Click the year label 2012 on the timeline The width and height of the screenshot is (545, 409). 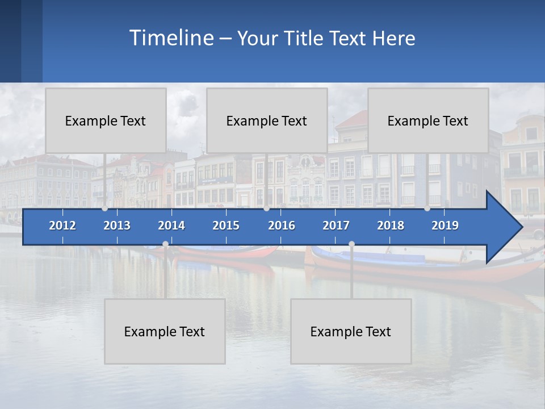point(62,226)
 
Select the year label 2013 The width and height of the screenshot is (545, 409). point(117,226)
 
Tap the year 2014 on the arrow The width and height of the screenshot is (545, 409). point(171,226)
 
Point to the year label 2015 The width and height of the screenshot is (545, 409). point(226,226)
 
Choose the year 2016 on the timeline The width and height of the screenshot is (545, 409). point(282,226)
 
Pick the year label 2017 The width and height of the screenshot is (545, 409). point(336,226)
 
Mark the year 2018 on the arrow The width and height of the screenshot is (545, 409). point(391,226)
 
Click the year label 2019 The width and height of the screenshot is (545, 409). point(445,226)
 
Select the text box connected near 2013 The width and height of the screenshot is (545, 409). point(106,120)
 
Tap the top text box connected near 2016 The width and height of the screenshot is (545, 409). point(267,120)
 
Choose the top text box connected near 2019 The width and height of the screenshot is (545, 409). point(428,120)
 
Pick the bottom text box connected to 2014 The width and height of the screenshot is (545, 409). point(165,331)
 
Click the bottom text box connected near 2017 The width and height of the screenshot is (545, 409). point(351,331)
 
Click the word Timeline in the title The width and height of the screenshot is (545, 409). point(171,37)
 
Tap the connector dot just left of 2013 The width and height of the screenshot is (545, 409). point(104,208)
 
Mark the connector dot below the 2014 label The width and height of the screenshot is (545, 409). point(165,244)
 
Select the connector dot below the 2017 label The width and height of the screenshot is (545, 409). point(351,244)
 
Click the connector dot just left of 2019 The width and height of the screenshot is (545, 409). point(427,208)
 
